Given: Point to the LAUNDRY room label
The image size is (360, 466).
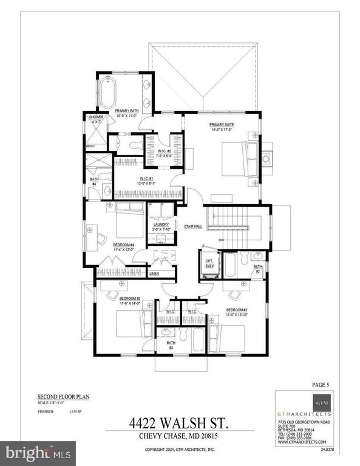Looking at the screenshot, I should (160, 225).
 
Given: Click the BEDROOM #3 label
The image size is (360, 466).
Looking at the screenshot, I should (129, 299).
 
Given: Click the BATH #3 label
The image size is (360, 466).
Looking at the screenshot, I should (171, 344).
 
